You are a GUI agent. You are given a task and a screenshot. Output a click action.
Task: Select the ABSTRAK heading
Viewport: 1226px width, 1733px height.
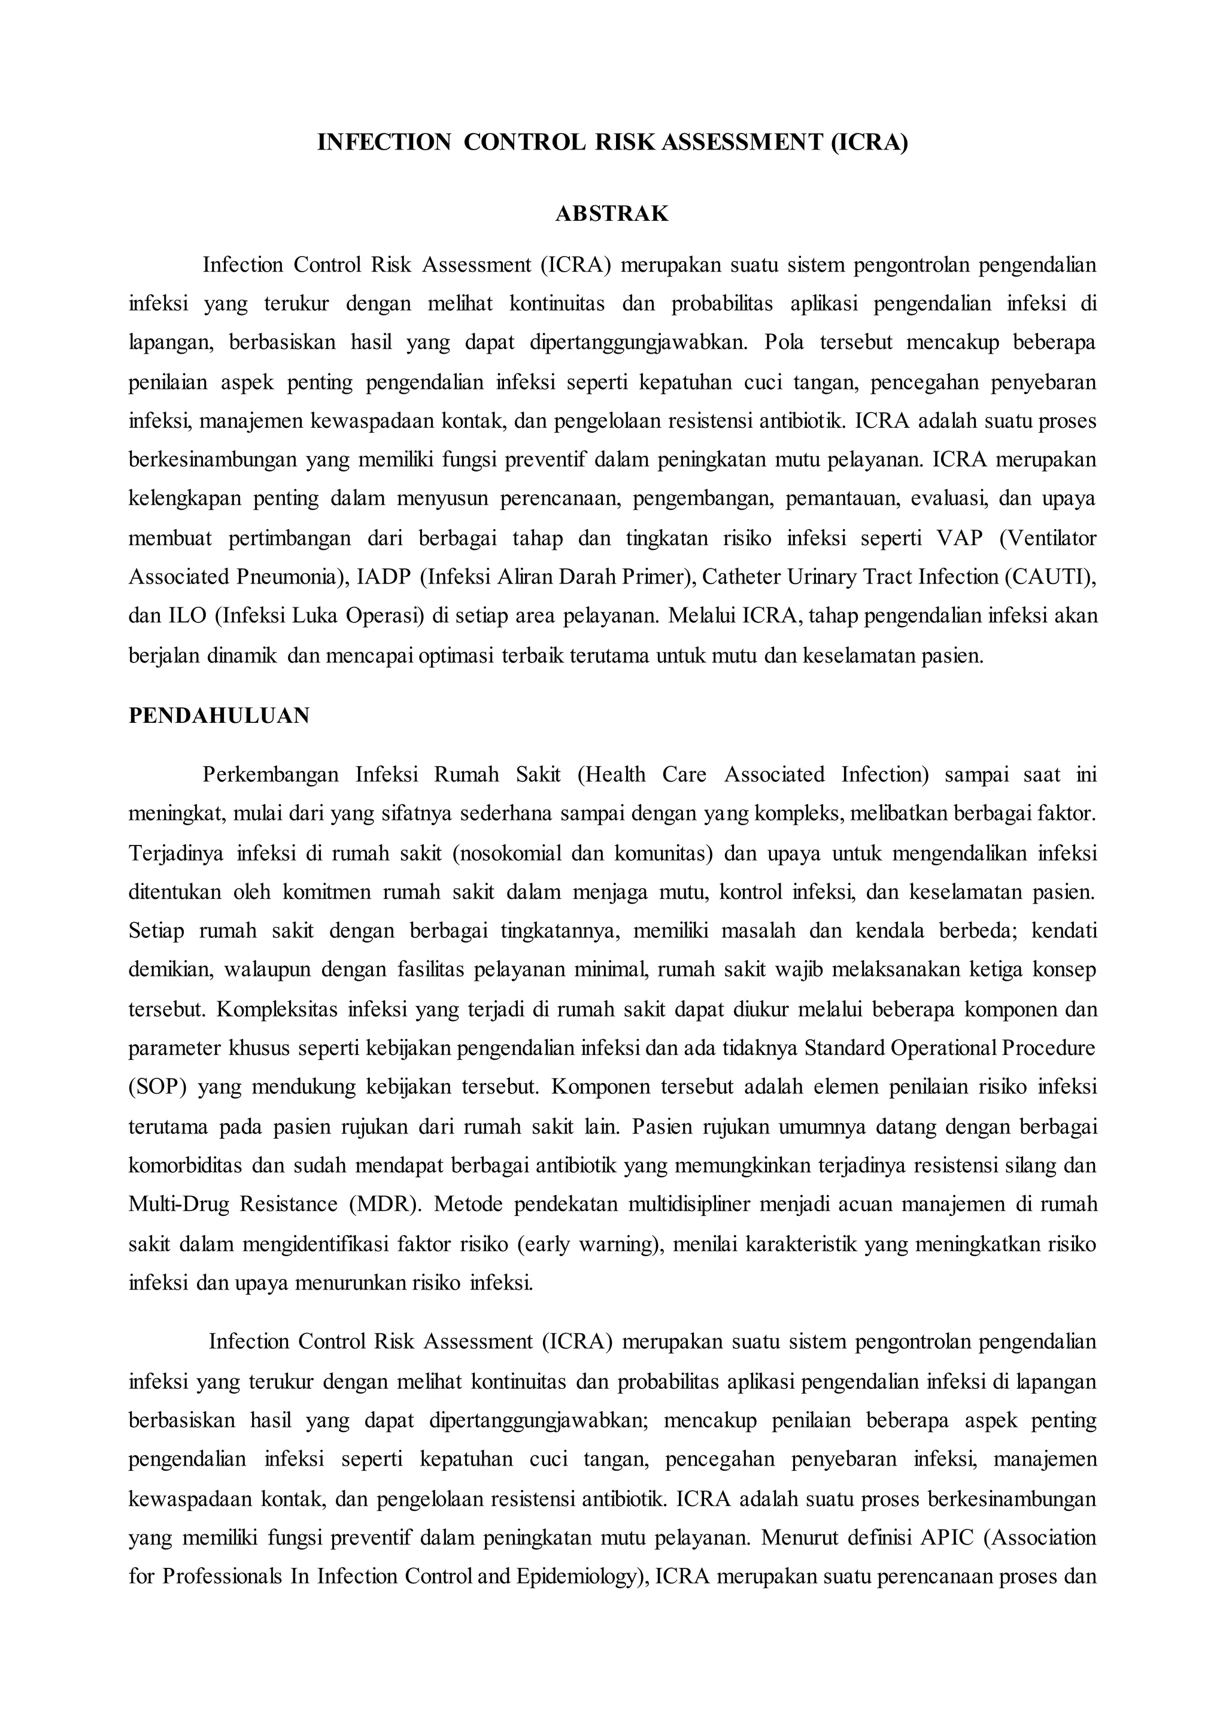coord(612,214)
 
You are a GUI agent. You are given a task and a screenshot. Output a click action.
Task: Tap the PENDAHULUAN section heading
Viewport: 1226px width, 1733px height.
coord(219,716)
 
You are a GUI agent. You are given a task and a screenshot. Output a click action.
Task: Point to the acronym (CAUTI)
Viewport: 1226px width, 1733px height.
coord(1050,577)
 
